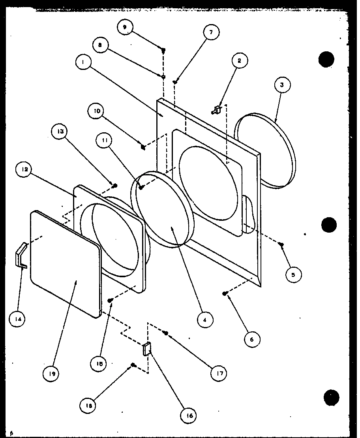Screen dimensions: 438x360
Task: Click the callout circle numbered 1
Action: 84,63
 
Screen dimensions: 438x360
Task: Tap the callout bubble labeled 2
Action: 240,61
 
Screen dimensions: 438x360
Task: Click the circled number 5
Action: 293,275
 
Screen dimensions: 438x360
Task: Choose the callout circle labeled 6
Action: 252,339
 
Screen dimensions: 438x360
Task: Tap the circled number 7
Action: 211,33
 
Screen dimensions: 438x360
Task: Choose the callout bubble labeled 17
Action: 218,373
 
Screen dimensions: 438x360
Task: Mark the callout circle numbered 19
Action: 52,373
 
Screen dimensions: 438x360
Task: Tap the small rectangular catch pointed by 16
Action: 146,349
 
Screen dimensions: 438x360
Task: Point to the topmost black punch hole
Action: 326,59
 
